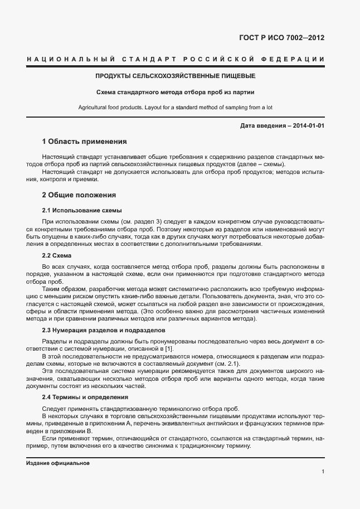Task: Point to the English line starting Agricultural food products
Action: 175,107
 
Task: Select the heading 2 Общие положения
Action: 79,195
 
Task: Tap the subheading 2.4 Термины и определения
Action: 85,397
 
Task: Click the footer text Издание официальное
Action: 58,463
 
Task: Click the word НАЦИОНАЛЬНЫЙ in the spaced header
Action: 70,59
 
